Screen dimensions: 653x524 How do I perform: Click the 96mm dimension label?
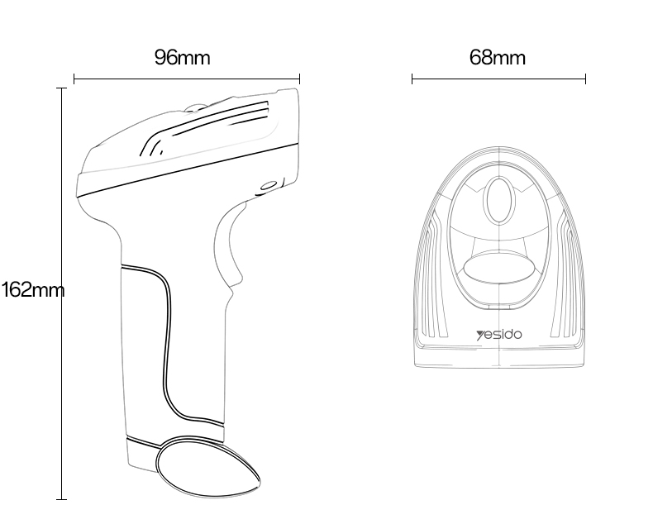click(183, 58)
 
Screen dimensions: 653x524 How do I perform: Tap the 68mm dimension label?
click(498, 58)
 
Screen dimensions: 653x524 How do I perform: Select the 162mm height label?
click(33, 289)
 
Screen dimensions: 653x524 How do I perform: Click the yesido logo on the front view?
click(499, 335)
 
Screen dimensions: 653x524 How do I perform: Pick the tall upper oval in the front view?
click(499, 201)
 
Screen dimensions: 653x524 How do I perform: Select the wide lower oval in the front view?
click(499, 267)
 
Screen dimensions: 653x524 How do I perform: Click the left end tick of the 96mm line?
click(74, 79)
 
